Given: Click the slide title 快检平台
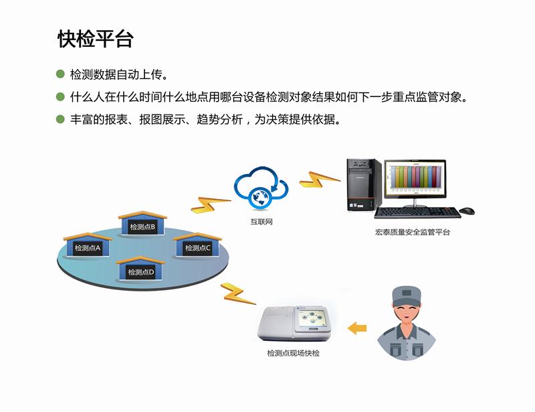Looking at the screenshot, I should point(96,39).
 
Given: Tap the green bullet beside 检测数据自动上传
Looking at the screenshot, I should point(60,73).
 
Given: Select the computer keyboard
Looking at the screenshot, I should point(417,212).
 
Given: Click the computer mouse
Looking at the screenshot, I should point(467,211).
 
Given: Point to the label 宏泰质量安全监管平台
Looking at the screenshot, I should point(413,232).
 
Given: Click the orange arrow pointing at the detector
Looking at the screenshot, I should point(357,328).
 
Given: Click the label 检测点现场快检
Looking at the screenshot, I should point(293,353).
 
